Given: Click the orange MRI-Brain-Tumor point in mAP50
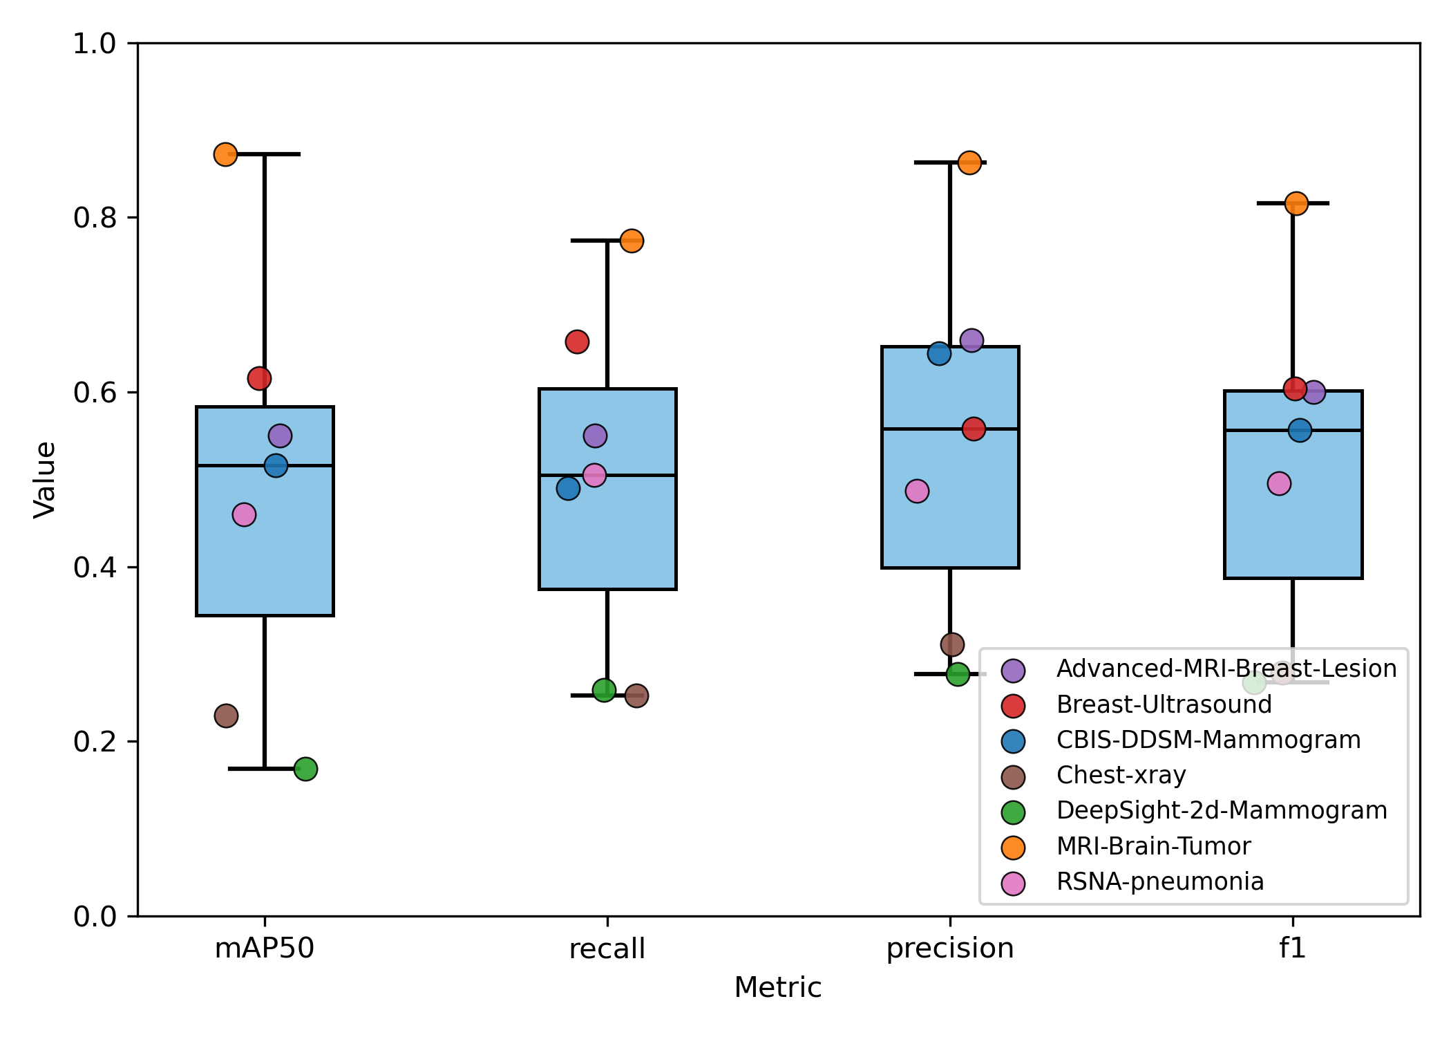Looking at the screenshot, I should pyautogui.click(x=225, y=154).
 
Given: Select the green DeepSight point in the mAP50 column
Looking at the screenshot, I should pyautogui.click(x=305, y=769).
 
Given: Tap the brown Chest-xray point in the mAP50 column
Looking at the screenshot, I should pyautogui.click(x=226, y=716).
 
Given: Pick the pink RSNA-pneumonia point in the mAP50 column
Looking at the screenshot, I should pyautogui.click(x=244, y=514).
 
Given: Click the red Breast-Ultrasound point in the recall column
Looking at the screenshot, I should pyautogui.click(x=577, y=342).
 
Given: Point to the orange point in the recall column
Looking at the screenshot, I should pyautogui.click(x=632, y=241).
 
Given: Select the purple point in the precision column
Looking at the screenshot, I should pyautogui.click(x=971, y=340).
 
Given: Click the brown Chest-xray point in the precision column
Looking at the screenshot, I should pyautogui.click(x=952, y=645).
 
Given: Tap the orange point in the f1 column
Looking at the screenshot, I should pyautogui.click(x=1296, y=203).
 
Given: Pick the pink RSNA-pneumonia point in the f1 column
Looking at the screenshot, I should pyautogui.click(x=1279, y=483).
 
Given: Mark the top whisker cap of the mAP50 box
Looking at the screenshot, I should pyautogui.click(x=265, y=153).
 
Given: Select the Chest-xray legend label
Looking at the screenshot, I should pyautogui.click(x=1121, y=775).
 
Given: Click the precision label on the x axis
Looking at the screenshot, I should pyautogui.click(x=949, y=948).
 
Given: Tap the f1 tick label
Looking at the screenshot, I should pyautogui.click(x=1292, y=948).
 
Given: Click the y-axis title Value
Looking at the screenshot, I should pyautogui.click(x=45, y=479).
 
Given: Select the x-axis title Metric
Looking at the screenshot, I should pyautogui.click(x=777, y=987).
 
